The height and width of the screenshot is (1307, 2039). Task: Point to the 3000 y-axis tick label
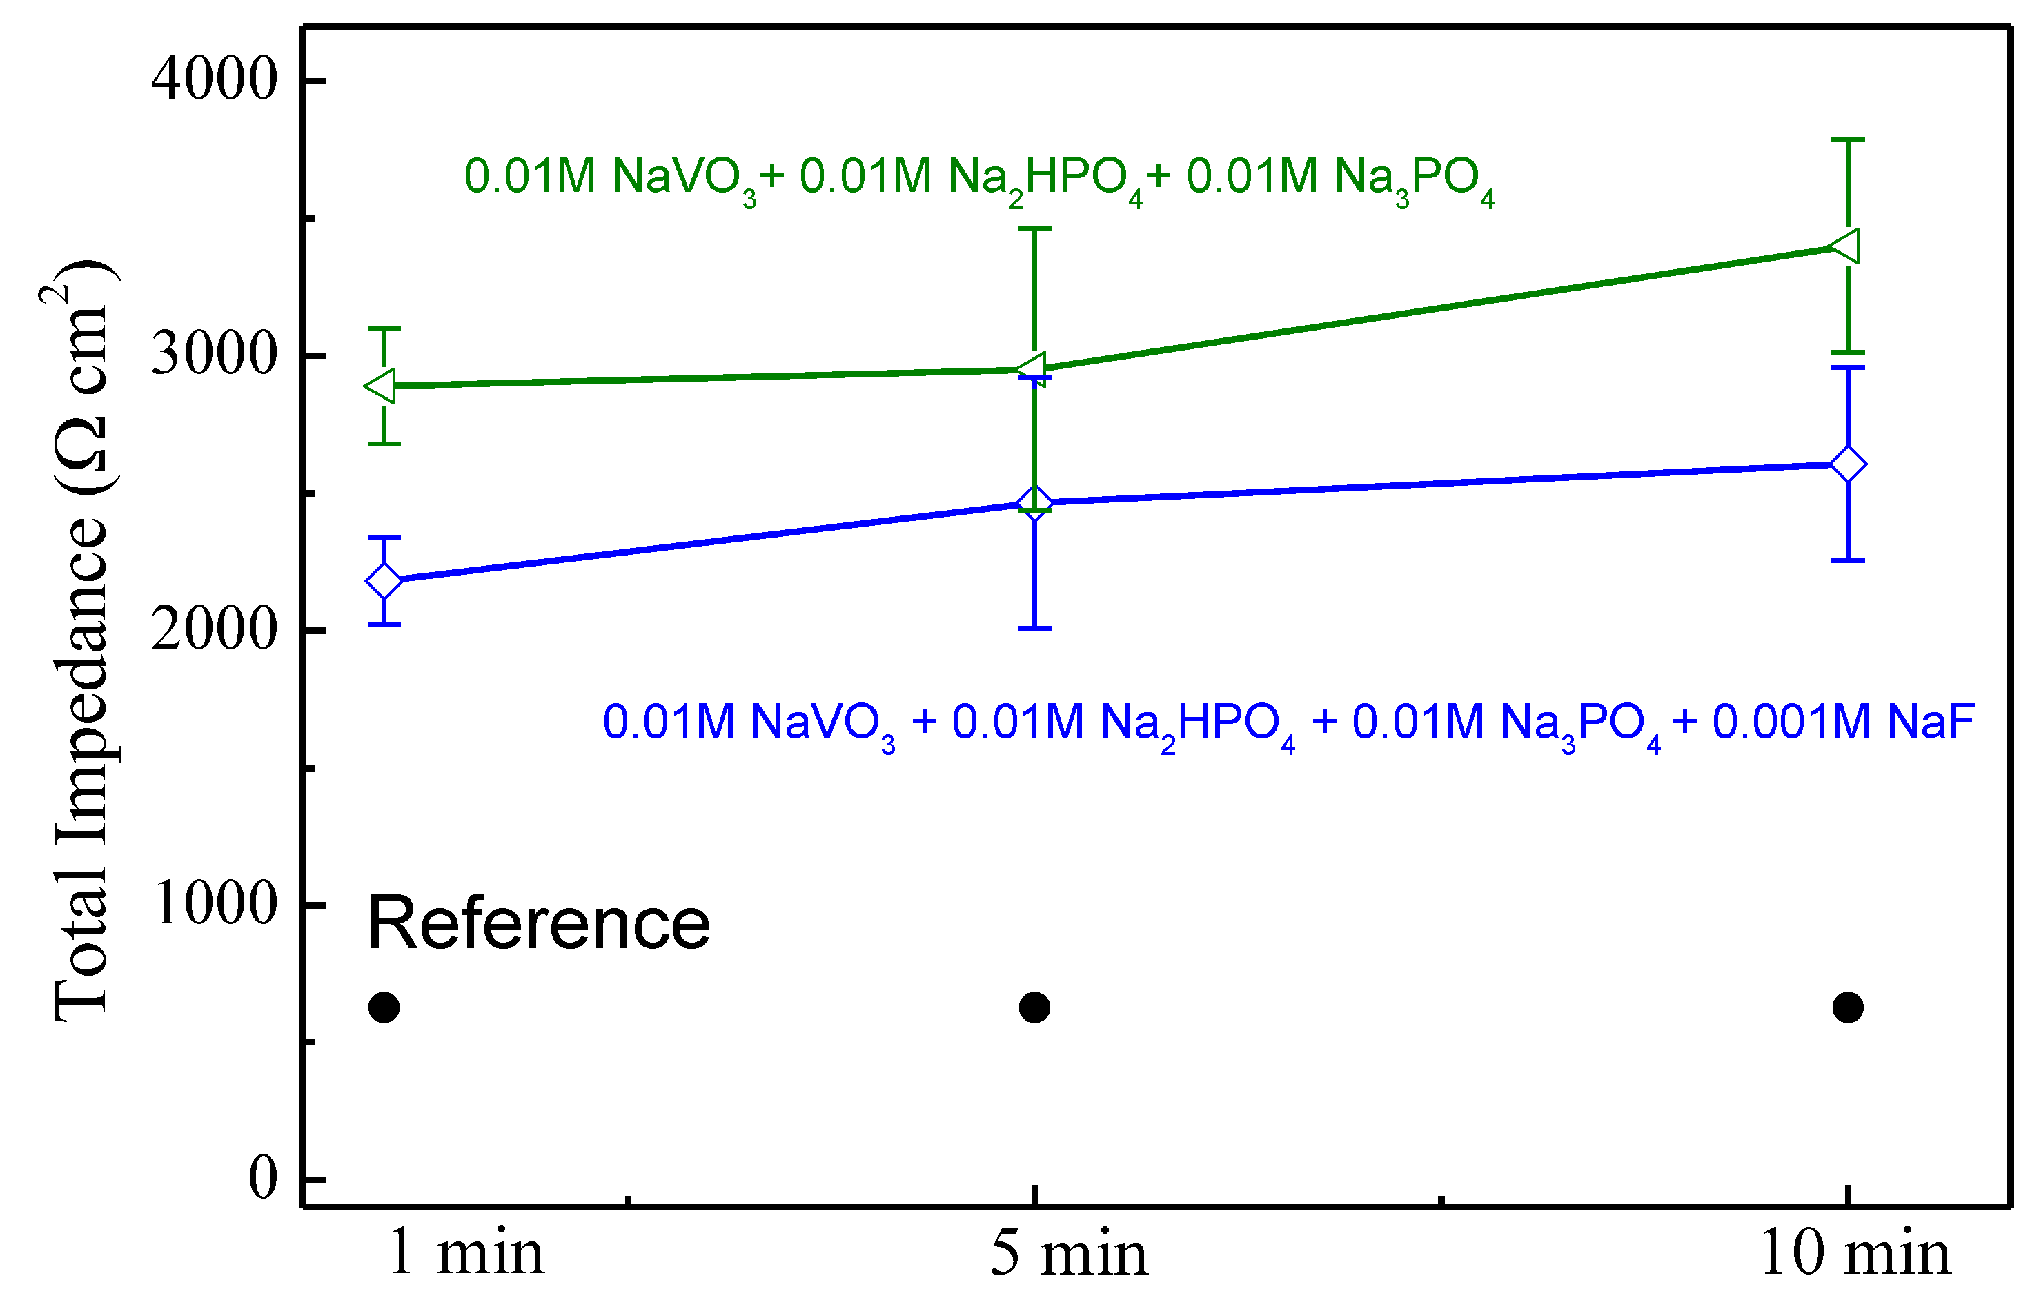[214, 354]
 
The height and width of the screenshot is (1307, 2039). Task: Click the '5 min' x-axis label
[1068, 1254]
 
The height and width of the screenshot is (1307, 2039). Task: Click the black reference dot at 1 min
[384, 1008]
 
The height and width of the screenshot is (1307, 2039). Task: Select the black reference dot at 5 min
[1034, 1008]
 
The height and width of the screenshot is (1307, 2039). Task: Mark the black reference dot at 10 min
[1847, 1008]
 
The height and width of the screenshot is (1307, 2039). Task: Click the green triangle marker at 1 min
[381, 386]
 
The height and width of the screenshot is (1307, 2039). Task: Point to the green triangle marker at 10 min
[1846, 246]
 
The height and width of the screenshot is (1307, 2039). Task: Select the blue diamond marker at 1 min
[384, 581]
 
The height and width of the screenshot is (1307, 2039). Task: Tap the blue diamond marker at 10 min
[1847, 464]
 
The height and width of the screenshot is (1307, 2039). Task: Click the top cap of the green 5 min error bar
[1034, 229]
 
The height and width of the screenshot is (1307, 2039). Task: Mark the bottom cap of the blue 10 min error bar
[1847, 560]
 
